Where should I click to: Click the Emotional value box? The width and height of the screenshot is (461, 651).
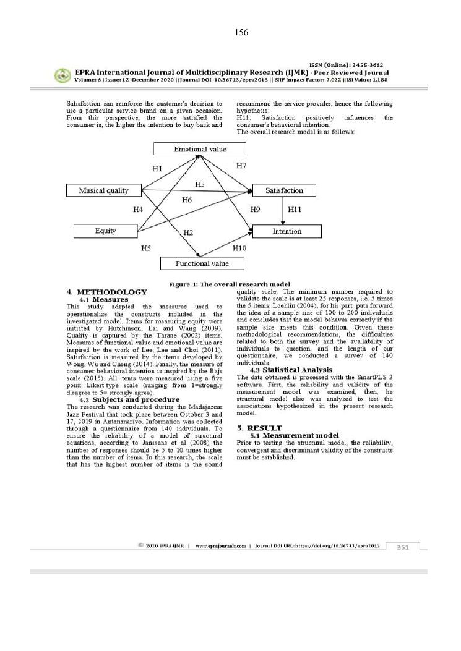[200, 149]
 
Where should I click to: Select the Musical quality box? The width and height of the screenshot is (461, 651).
[104, 190]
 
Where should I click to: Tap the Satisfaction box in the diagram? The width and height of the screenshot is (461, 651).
[284, 190]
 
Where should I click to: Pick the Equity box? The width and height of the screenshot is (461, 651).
[105, 231]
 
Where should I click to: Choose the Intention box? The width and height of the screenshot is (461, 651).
[287, 231]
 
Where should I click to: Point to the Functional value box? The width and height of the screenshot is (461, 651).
[202, 264]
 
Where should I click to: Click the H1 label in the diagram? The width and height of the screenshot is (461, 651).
[157, 169]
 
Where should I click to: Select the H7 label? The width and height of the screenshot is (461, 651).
[241, 166]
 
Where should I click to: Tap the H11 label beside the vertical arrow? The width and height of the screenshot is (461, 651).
[295, 210]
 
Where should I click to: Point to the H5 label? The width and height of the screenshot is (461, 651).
[146, 248]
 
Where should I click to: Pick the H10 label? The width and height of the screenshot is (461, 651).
[239, 248]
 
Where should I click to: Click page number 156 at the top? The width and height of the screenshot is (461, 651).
[241, 32]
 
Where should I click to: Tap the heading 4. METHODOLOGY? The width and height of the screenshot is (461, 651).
[107, 292]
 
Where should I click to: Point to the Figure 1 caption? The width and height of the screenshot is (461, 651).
[230, 284]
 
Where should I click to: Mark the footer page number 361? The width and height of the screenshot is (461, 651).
[403, 547]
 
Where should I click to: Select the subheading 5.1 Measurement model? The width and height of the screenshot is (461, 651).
[294, 435]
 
